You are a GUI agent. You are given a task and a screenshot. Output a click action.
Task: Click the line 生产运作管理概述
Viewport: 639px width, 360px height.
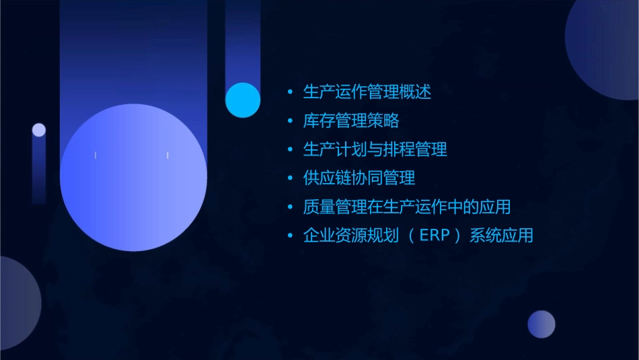coord(367,92)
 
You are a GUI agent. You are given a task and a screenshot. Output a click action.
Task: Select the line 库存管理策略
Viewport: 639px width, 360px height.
coord(351,120)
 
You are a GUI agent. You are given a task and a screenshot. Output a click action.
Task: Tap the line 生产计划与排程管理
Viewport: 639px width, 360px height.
coord(375,149)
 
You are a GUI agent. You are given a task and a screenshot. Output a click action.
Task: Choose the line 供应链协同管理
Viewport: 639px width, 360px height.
coord(359,178)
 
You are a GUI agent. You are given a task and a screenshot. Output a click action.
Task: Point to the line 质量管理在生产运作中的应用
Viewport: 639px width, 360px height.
coord(407,207)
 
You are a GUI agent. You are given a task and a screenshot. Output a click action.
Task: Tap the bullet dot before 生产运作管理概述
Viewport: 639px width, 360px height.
coord(290,92)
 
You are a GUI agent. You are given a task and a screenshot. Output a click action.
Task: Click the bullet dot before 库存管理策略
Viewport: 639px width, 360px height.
coord(290,121)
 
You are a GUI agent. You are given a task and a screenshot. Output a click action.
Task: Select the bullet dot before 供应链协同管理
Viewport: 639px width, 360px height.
coord(290,178)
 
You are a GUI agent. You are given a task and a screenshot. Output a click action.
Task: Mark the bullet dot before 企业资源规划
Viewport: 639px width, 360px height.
coord(290,236)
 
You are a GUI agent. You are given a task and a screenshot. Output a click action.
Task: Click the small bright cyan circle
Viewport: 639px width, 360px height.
coord(243,100)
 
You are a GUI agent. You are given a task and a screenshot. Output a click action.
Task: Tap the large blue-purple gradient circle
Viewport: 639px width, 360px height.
coord(133,178)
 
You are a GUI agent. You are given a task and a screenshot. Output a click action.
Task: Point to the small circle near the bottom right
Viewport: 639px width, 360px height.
coord(541,324)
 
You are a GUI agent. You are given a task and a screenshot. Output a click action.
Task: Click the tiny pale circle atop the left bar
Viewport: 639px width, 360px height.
coord(39,130)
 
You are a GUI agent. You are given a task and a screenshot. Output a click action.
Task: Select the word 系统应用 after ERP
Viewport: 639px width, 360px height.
coord(502,236)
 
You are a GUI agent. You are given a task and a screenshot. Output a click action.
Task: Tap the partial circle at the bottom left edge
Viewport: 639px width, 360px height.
coord(17,303)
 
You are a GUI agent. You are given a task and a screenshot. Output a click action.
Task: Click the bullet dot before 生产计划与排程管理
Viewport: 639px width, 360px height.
coord(290,150)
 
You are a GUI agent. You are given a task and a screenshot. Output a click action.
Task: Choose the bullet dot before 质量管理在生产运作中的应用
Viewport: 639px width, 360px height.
coord(290,207)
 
